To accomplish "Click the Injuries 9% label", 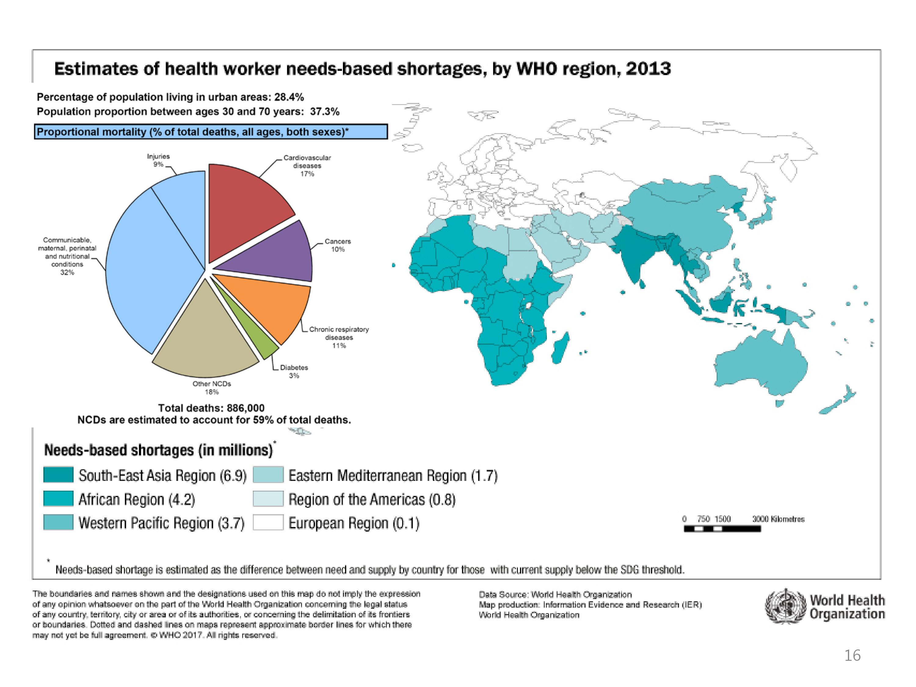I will [x=158, y=160].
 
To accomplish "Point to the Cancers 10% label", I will [x=337, y=245].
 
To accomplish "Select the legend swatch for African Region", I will [x=58, y=499].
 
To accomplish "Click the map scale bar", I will [x=722, y=529].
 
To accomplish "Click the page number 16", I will [x=852, y=656].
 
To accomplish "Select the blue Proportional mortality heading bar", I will [x=211, y=132].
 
